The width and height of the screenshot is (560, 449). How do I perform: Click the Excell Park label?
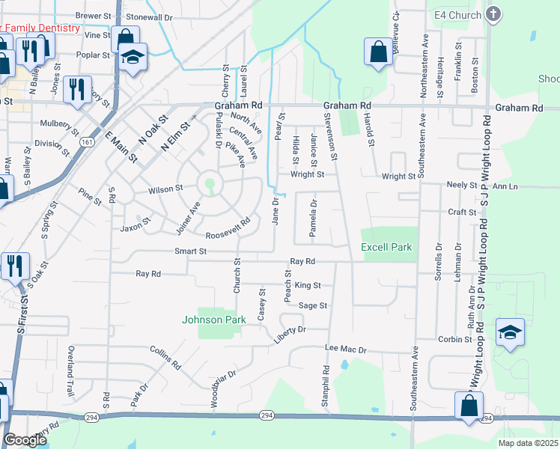386,247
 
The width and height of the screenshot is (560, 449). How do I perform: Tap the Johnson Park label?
214,320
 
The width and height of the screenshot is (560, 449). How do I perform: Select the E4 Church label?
457,15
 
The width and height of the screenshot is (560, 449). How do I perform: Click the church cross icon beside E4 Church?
493,13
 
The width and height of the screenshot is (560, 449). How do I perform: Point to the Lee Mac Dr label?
345,349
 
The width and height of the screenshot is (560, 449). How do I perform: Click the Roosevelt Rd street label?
228,233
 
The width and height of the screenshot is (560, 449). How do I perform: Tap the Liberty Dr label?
291,329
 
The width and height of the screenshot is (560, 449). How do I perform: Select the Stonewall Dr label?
149,16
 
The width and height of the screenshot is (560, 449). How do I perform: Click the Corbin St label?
455,339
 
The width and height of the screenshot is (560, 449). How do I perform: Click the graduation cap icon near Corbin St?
510,332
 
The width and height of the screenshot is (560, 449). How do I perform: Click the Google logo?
25,441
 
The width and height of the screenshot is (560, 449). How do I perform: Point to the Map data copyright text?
529,443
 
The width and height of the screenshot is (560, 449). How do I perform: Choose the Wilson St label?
165,189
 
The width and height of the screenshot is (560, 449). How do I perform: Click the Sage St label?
313,305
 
